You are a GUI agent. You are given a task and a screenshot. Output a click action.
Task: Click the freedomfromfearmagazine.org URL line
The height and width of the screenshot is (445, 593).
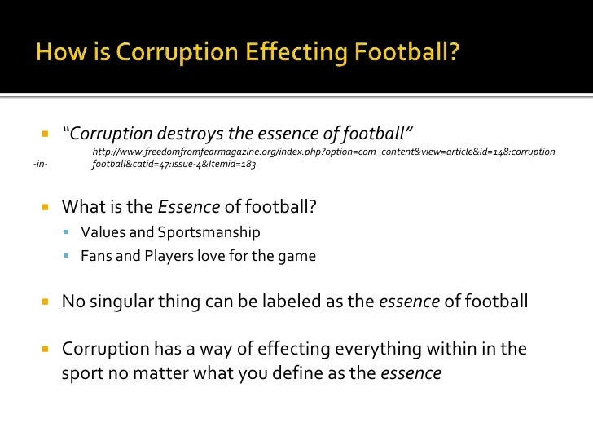tap(323, 152)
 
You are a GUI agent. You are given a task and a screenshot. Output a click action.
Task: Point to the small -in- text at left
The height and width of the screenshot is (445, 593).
tap(40, 165)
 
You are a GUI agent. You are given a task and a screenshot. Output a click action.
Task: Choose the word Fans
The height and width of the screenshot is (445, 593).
tap(95, 256)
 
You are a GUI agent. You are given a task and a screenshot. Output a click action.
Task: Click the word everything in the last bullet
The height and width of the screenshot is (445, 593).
tap(364, 350)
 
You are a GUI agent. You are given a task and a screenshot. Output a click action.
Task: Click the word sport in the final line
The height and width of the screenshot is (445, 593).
tap(83, 374)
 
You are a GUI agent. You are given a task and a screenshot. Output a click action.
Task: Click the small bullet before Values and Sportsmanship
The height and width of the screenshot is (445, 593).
tap(68, 232)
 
